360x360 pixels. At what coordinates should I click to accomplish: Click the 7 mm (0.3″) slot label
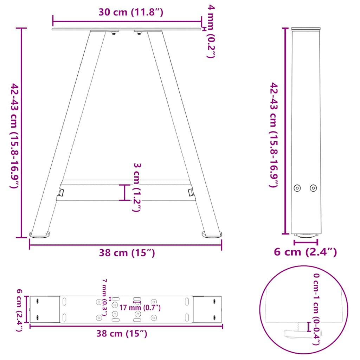click(104, 297)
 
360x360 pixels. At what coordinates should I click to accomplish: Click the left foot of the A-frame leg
click(39, 233)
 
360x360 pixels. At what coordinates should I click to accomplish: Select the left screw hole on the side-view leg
click(298, 188)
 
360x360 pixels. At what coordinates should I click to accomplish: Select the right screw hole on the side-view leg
click(313, 188)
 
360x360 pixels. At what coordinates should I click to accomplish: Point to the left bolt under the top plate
click(114, 33)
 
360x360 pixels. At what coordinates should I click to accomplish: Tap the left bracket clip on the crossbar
click(61, 192)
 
